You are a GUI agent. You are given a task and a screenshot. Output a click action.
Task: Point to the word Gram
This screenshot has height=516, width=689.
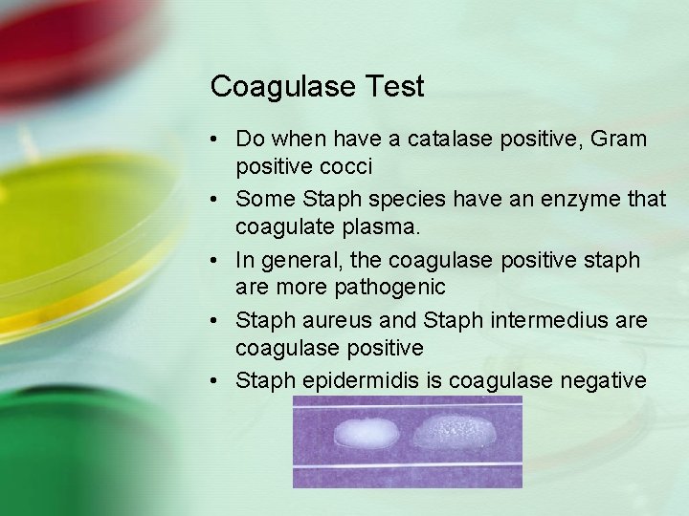(x=618, y=140)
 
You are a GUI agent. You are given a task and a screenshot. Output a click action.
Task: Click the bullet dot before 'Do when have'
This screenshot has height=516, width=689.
(x=219, y=140)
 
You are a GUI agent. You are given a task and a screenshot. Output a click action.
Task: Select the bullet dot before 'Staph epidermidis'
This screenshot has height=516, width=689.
(x=219, y=380)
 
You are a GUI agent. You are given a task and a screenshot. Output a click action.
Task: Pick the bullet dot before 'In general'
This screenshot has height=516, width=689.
(x=219, y=260)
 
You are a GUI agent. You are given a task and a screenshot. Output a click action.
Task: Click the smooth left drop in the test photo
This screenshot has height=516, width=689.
(x=367, y=435)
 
